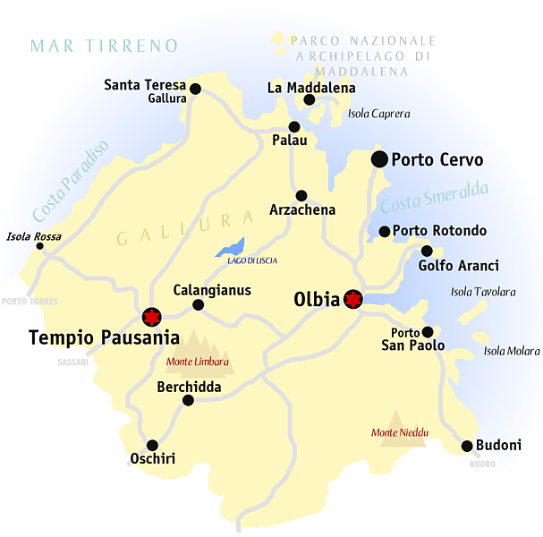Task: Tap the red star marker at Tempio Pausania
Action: [x=150, y=316]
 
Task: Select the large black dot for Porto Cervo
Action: [x=380, y=159]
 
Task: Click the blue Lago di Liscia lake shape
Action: [x=231, y=247]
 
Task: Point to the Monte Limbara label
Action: [x=198, y=362]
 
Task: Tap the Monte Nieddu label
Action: [x=400, y=433]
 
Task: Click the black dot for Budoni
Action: [x=467, y=446]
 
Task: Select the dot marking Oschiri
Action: [x=152, y=445]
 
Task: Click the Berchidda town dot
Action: [x=188, y=400]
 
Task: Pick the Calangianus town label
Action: [x=212, y=290]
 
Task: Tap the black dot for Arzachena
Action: [x=301, y=195]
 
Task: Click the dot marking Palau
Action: [x=293, y=127]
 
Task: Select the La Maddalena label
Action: [x=311, y=88]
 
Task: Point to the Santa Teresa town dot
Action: [x=196, y=89]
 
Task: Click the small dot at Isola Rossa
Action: [x=39, y=246]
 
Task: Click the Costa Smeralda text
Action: [x=434, y=198]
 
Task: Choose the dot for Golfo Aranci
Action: [x=427, y=251]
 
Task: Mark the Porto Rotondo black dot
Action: [x=385, y=232]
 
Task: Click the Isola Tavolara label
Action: [x=483, y=292]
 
